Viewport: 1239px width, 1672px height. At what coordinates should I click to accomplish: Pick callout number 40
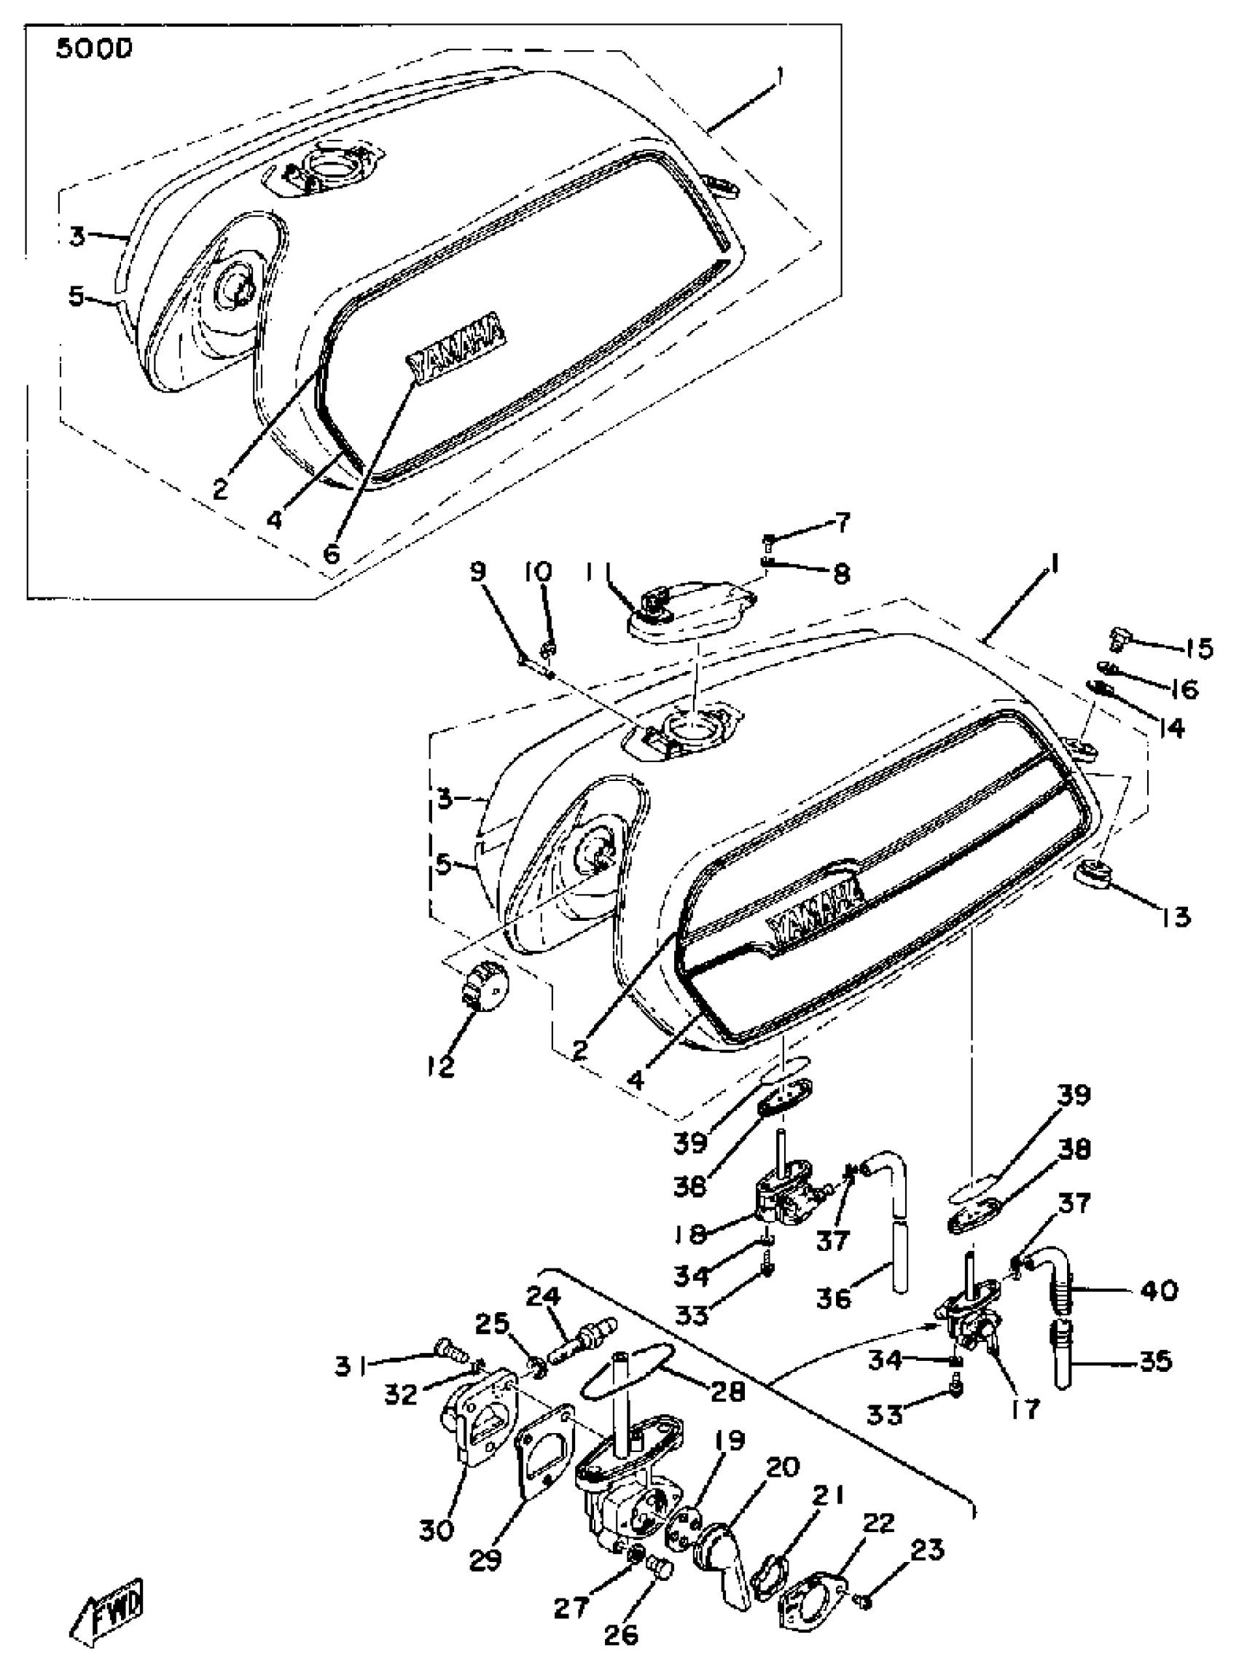tap(1159, 1290)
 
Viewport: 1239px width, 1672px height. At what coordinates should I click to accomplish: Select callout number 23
tap(926, 1550)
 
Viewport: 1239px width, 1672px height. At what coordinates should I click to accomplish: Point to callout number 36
tap(833, 1297)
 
